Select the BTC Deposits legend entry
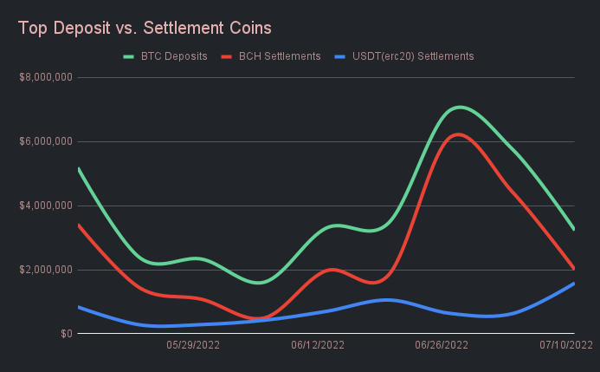(174, 56)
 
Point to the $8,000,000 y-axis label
(45, 77)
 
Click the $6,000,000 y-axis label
(45, 141)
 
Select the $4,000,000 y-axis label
(45, 206)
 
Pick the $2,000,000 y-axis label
(45, 270)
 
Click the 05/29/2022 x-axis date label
(193, 345)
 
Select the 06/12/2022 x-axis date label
(318, 345)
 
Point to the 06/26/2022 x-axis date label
(442, 345)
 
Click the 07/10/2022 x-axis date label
(566, 345)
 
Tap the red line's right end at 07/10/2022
(573, 268)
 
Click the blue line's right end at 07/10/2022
(573, 284)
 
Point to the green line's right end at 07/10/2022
(573, 229)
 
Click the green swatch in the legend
(129, 56)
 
